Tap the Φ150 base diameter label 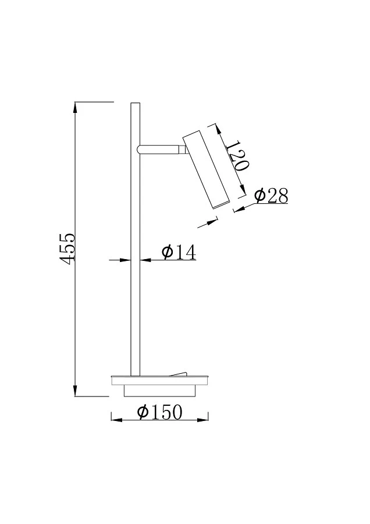pos(159,412)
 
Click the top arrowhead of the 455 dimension pos(76,109)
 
